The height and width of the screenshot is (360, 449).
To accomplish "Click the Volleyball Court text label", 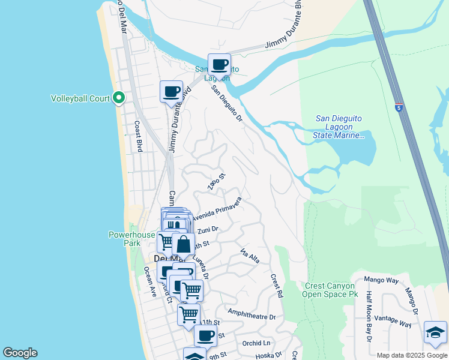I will coord(80,97).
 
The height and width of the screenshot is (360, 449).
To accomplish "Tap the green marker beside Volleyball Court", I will coord(119,97).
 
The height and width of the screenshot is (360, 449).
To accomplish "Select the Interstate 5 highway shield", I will coord(399,107).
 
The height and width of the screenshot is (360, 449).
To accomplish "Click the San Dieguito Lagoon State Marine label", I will coord(339,127).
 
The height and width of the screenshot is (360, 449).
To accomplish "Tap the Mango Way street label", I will coord(381,280).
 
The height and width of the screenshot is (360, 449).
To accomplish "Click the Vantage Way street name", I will coord(392,320).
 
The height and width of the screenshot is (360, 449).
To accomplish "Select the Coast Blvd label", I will coord(139,137).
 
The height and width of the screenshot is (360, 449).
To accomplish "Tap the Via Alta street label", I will coord(250,256).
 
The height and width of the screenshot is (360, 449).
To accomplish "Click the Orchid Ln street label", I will coord(256,343).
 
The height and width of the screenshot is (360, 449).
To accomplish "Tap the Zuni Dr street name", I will coord(207,229).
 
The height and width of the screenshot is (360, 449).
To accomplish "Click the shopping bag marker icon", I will coord(183,244).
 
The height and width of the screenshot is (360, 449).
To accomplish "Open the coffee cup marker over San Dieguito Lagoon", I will coord(219,64).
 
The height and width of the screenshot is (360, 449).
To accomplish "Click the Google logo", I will coord(20,353).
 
